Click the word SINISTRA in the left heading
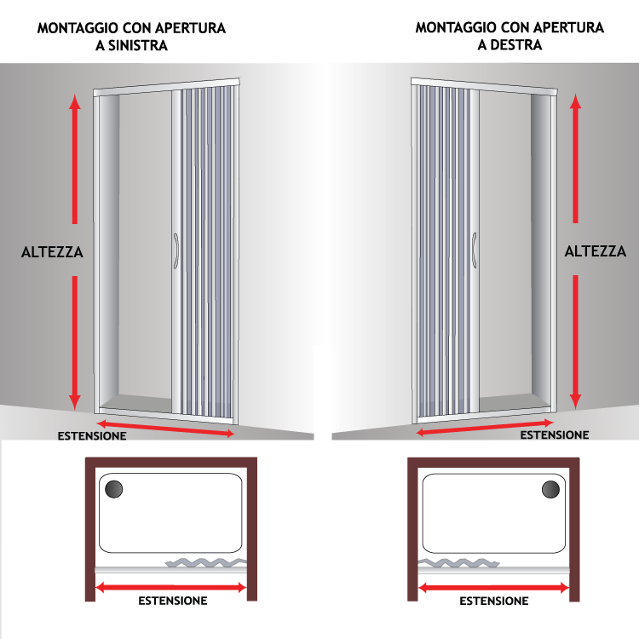pos(138,46)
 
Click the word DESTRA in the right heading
pos(516,45)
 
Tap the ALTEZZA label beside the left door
pos(52,252)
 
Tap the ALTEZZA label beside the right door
pos(596,251)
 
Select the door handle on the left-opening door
pos(176,251)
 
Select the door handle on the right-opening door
pos(475,250)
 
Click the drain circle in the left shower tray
pos(113,489)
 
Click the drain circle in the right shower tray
pos(550,489)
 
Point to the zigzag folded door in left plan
pos(206,562)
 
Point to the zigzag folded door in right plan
pos(459,563)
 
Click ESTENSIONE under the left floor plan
pos(173,601)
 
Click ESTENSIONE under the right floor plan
pos(494,602)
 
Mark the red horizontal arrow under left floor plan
pos(170,588)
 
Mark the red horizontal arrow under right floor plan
pos(493,588)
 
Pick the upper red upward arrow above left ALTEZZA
pos(75,159)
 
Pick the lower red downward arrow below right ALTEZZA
pos(575,343)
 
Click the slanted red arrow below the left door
pos(165,428)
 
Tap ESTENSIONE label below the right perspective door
pos(555,435)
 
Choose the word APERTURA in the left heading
pos(190,28)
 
